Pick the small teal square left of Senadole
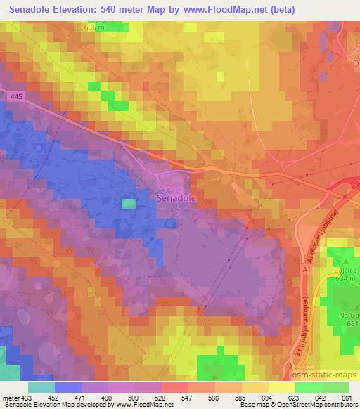128,204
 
